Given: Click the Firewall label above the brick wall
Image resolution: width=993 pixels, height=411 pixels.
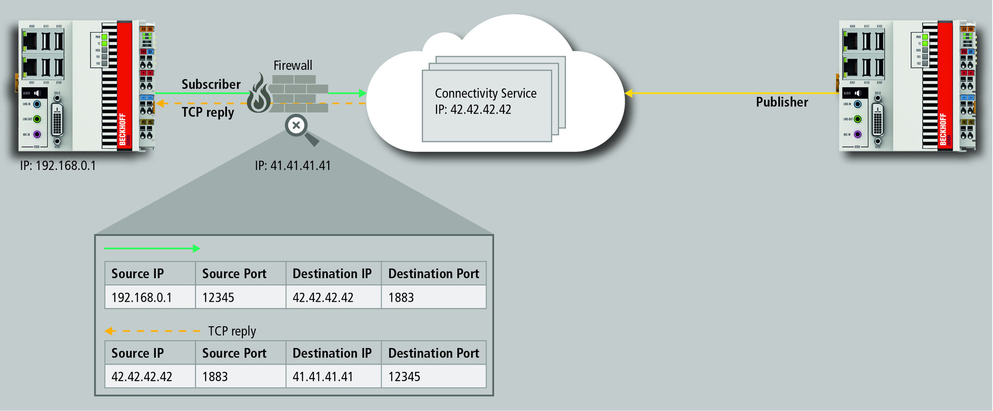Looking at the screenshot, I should (293, 66).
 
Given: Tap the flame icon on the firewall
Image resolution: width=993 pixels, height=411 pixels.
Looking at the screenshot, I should (259, 94).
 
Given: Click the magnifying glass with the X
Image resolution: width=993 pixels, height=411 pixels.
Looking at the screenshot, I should (297, 126).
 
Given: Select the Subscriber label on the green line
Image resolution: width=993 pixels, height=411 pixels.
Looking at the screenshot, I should (211, 84).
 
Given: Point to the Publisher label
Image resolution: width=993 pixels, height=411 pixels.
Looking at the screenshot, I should (782, 102).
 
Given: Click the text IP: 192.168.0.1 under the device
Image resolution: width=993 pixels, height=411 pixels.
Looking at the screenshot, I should (58, 166).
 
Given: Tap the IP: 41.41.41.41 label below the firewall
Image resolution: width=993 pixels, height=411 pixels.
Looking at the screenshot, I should (293, 166).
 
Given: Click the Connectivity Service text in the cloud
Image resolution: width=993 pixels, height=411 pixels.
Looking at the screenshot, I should (486, 93).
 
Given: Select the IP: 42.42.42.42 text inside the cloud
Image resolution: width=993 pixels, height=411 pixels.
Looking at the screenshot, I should (473, 110).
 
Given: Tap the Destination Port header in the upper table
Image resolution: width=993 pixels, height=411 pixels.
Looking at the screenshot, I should (433, 274).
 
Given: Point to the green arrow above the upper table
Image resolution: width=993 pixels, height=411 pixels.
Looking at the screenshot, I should (152, 249).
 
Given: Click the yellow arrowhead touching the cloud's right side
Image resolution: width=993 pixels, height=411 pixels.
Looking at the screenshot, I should (629, 93).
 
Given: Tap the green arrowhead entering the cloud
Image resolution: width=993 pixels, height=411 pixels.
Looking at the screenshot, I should (362, 93).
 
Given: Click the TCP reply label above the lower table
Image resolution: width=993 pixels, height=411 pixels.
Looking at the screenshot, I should (232, 331).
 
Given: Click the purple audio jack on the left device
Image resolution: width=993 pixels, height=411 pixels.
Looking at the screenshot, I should (37, 135).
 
